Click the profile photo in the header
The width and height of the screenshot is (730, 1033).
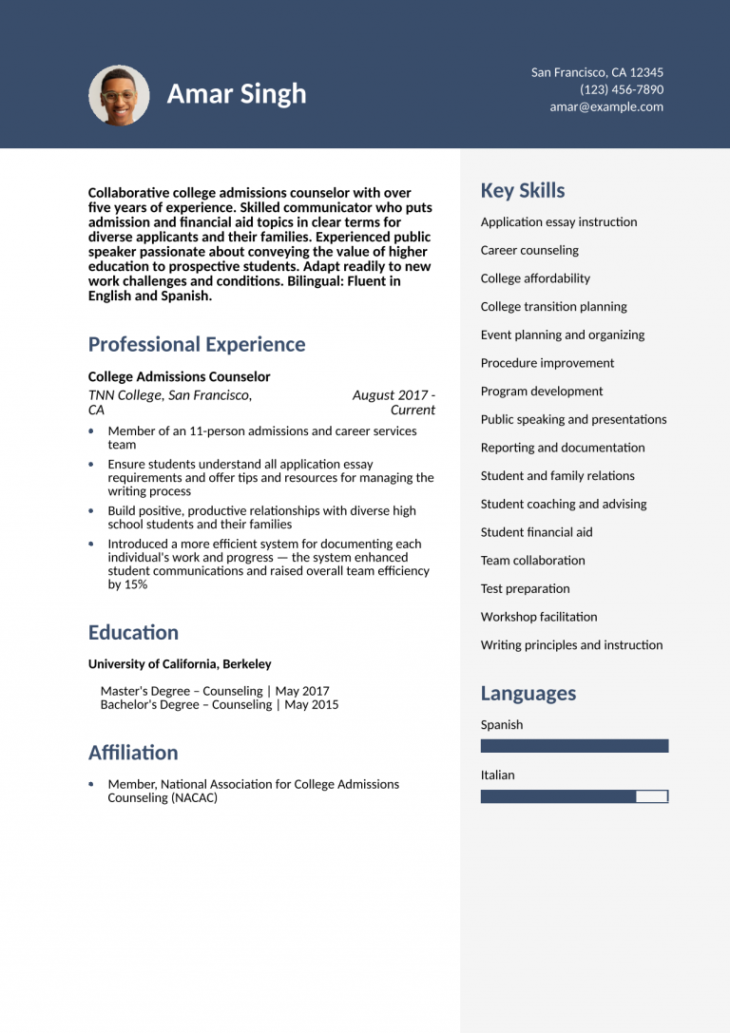click(x=119, y=95)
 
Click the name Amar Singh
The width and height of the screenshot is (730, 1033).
click(x=237, y=94)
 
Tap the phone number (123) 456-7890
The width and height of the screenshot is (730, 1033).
click(x=622, y=89)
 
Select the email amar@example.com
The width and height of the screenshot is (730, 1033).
click(x=606, y=106)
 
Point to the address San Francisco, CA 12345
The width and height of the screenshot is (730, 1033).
click(x=597, y=72)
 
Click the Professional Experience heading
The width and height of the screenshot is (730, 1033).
click(x=197, y=344)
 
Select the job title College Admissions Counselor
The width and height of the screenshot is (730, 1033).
click(x=179, y=376)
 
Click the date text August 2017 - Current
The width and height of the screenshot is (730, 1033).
click(x=394, y=402)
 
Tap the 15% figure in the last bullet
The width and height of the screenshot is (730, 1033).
click(x=135, y=584)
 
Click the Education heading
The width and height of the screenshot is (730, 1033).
click(x=133, y=632)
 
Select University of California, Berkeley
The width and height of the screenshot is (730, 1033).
click(x=180, y=664)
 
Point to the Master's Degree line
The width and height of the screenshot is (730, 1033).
click(x=215, y=691)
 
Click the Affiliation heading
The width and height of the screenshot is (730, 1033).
click(x=133, y=752)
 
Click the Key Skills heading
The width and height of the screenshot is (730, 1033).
click(x=523, y=190)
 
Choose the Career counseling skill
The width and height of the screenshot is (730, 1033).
click(x=529, y=250)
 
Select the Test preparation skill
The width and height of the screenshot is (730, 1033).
click(x=525, y=588)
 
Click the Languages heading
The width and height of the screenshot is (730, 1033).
click(x=528, y=693)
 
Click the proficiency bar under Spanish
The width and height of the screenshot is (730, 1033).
click(x=574, y=746)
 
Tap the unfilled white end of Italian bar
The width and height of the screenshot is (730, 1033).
click(x=651, y=796)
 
